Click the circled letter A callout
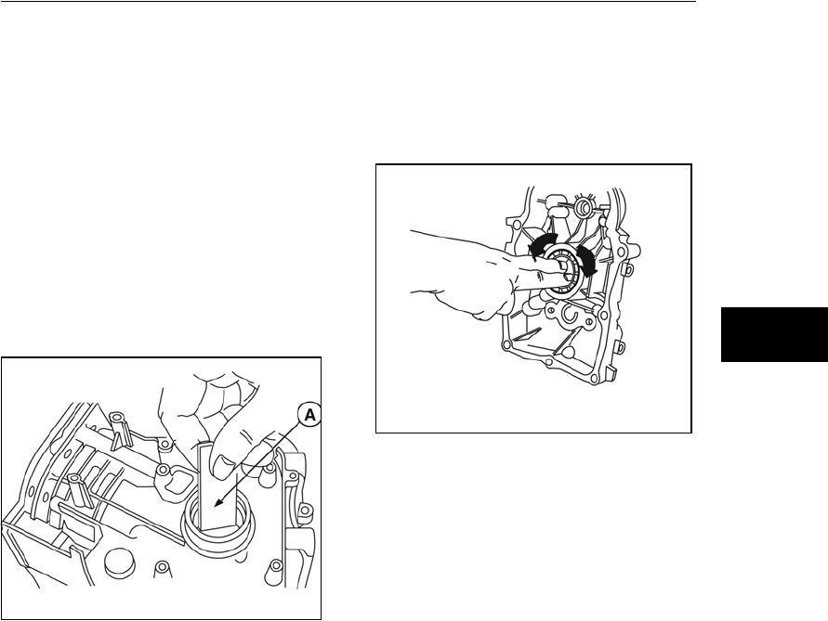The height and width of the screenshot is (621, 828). [309, 416]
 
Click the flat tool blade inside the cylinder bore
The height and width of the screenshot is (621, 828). [218, 487]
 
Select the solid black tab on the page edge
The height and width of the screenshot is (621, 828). [774, 334]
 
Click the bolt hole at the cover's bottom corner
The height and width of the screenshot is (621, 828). [596, 377]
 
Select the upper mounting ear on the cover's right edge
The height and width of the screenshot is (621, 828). [628, 269]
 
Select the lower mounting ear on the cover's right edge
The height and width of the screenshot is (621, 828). [620, 347]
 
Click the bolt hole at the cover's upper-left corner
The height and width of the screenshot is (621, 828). [509, 218]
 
